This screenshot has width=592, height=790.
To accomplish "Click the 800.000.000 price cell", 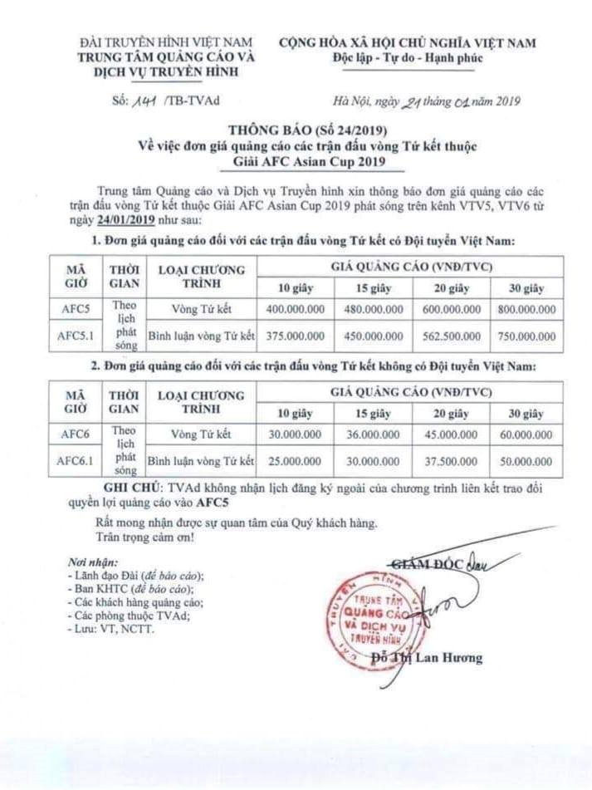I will coord(526,310).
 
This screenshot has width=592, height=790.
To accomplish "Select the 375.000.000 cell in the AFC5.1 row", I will coord(298,337).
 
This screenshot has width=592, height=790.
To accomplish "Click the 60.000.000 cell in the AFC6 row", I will coord(526,434).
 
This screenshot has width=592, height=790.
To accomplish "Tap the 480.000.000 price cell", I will coord(374,310).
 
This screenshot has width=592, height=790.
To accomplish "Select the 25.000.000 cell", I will coord(298,459).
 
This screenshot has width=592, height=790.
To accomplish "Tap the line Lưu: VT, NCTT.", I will coord(110,629).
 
